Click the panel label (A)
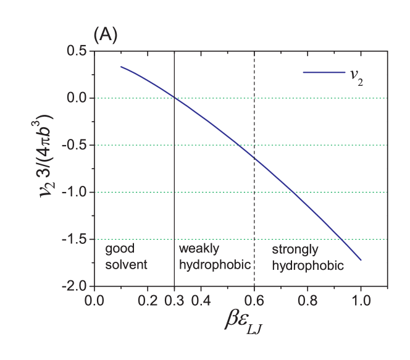click(x=105, y=36)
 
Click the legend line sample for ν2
click(x=324, y=73)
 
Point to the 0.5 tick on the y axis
click(x=76, y=51)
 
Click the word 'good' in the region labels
click(x=120, y=249)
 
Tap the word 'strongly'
click(x=295, y=250)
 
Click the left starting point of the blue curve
click(x=121, y=67)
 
